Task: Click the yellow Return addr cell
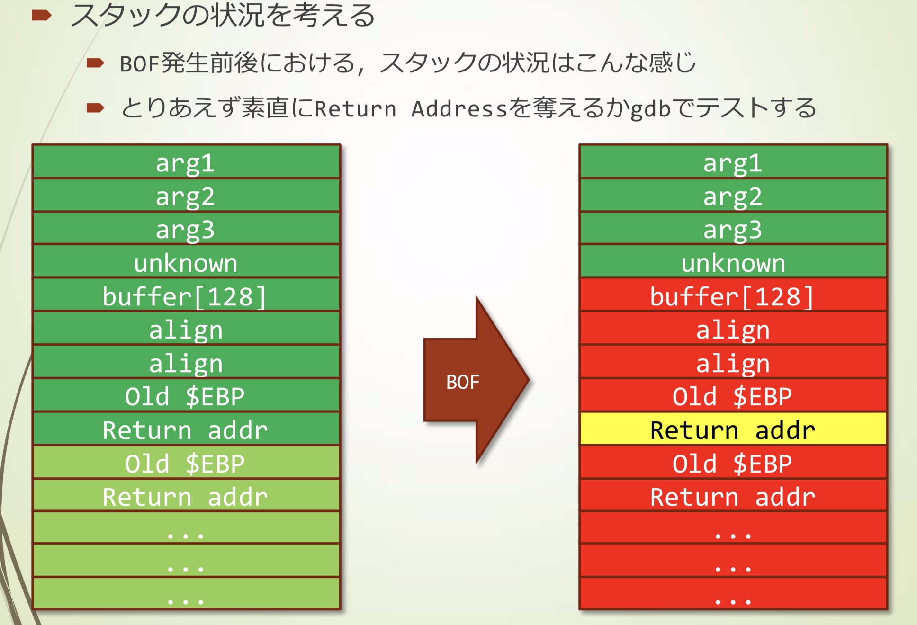[x=733, y=429]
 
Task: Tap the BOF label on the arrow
[x=462, y=382]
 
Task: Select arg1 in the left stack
[x=186, y=162]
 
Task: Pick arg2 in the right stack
[x=733, y=196]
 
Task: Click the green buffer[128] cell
[x=186, y=296]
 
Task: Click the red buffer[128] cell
[x=733, y=296]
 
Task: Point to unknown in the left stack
[x=186, y=262]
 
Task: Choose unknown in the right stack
[x=733, y=262]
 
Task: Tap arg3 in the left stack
[x=186, y=229]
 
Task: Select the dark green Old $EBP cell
[x=186, y=396]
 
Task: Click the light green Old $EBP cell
[x=186, y=463]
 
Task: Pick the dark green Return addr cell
[x=186, y=429]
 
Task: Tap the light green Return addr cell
[x=186, y=496]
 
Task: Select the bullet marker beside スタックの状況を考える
[x=41, y=16]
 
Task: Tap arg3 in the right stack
[x=733, y=229]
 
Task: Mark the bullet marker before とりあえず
[x=95, y=108]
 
